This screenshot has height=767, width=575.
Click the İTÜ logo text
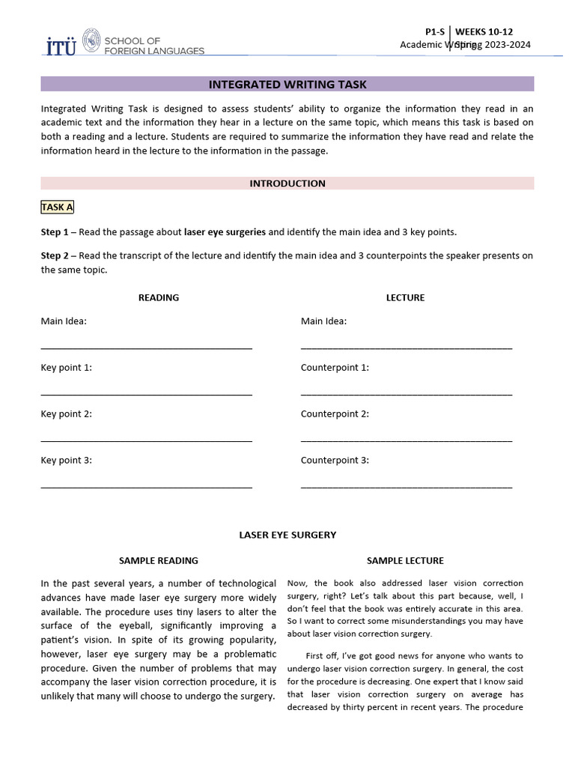(x=60, y=46)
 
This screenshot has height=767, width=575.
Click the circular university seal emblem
(x=91, y=40)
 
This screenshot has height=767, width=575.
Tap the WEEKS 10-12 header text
(x=484, y=31)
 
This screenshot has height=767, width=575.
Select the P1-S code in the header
(x=434, y=31)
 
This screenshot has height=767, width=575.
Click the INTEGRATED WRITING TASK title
(x=287, y=85)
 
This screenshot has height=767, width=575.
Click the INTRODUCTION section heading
(x=287, y=184)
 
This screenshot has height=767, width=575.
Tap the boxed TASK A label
(x=57, y=207)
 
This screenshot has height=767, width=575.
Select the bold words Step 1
(x=55, y=232)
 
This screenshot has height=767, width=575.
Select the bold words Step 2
(x=55, y=255)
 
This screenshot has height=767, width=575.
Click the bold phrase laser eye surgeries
(x=225, y=232)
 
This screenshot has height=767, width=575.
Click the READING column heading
(x=159, y=297)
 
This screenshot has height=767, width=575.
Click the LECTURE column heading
(x=405, y=297)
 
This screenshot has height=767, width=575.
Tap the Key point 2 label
(x=67, y=414)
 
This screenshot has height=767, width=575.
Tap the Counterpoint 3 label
(x=335, y=461)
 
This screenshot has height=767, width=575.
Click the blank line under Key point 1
(x=146, y=394)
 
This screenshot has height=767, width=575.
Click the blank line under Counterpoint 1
(x=407, y=394)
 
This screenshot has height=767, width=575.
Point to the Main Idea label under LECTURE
(x=323, y=321)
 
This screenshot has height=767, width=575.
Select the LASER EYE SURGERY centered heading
(x=287, y=535)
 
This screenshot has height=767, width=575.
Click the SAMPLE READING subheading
(x=159, y=560)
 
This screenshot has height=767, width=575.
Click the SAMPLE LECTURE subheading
(x=405, y=560)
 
